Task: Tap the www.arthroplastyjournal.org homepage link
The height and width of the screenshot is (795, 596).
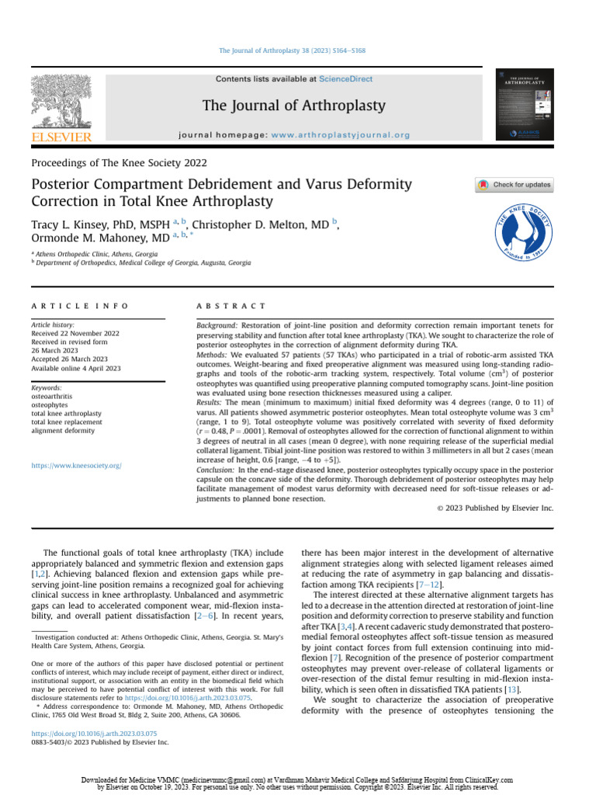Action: pos(341,135)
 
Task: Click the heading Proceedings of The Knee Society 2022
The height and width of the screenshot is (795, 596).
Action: pos(119,163)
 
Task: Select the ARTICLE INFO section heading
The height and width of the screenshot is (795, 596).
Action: pos(80,307)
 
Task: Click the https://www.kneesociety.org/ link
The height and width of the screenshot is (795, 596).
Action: pos(76,466)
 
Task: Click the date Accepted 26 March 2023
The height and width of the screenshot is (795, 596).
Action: pos(69,359)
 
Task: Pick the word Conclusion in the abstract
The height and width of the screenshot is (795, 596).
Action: pos(214,470)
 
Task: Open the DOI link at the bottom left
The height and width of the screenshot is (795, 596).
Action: pos(94,733)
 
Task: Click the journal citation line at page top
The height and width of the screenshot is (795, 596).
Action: pos(293,50)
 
